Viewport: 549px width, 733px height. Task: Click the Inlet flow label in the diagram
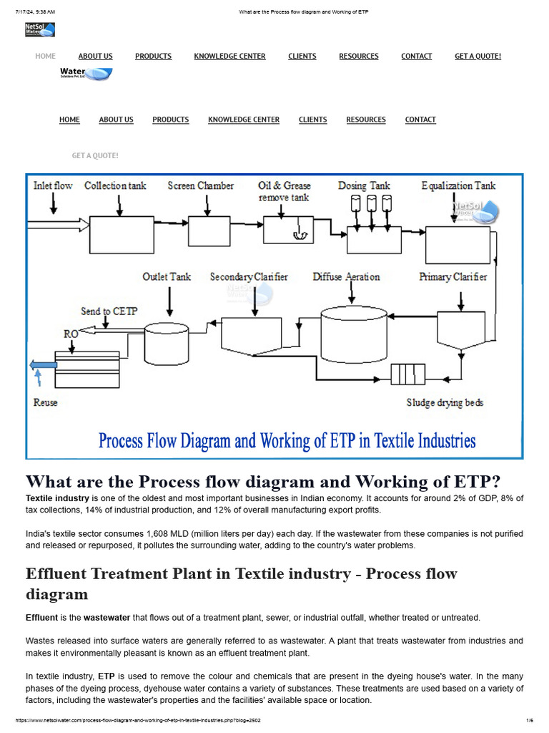click(53, 186)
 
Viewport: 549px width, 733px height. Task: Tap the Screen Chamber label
click(201, 186)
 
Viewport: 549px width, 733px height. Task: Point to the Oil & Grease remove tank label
click(285, 191)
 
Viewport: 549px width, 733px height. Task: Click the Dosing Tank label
click(364, 186)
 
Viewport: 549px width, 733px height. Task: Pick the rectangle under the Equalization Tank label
click(457, 244)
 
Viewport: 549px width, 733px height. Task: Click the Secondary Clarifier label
click(249, 277)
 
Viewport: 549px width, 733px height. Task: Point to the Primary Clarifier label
click(453, 277)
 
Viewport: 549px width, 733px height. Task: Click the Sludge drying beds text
click(445, 403)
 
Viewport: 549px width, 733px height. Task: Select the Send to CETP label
click(109, 311)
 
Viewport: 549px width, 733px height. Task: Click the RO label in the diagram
click(71, 334)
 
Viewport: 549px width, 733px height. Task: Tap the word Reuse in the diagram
click(46, 403)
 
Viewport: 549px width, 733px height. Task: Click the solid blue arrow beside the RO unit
click(43, 366)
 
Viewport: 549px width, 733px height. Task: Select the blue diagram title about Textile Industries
click(287, 440)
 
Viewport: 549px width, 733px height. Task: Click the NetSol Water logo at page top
click(39, 30)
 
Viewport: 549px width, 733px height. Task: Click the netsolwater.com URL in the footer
click(135, 720)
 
